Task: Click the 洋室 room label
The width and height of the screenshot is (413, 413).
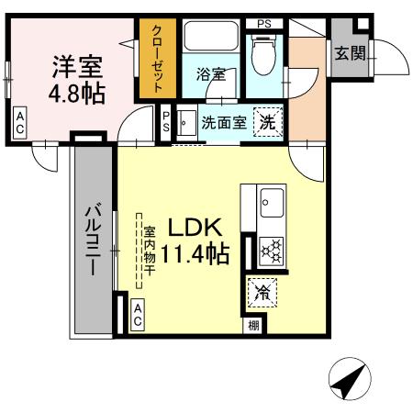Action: tap(76, 67)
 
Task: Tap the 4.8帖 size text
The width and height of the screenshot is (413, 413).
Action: tap(76, 92)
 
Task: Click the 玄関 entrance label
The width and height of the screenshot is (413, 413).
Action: tap(349, 53)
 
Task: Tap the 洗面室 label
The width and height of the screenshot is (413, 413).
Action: tap(223, 122)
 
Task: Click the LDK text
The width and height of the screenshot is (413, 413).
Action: tap(194, 227)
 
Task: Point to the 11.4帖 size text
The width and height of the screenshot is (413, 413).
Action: tap(195, 252)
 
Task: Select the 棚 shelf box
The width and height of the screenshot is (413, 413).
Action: tap(251, 324)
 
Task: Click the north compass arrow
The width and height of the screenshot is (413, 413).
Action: tap(349, 379)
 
